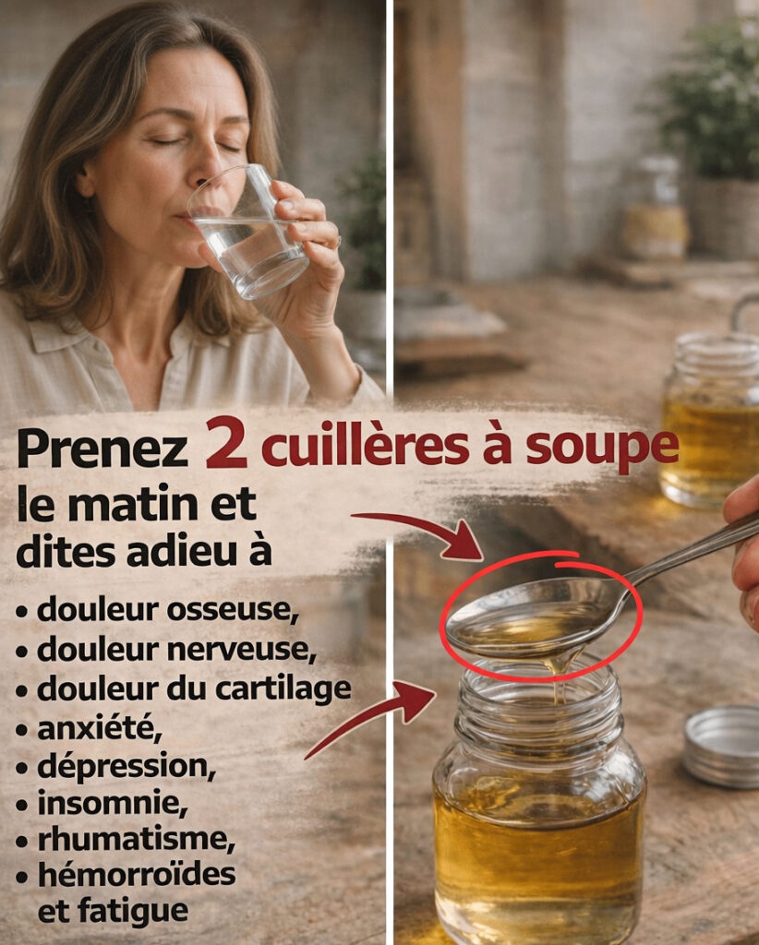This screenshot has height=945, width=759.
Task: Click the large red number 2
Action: pyautogui.click(x=226, y=443)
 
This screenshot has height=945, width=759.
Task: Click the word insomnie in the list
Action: pyautogui.click(x=113, y=803)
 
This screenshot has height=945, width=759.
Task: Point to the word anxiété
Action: pyautogui.click(x=100, y=728)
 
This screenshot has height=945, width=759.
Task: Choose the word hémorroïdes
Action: pyautogui.click(x=137, y=874)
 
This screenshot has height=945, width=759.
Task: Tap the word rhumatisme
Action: pyautogui.click(x=137, y=840)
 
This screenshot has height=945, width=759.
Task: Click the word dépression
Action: pyautogui.click(x=126, y=767)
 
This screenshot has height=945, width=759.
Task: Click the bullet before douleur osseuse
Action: pyautogui.click(x=22, y=612)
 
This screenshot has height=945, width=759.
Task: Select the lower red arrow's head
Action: pyautogui.click(x=416, y=701)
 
